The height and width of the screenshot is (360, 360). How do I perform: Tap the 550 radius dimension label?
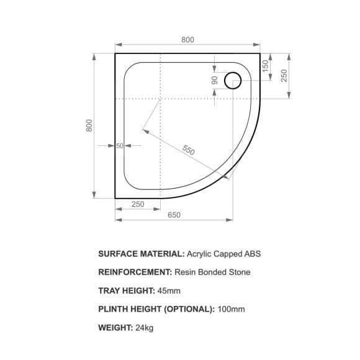point(188,150)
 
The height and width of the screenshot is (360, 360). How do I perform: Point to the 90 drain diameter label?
point(214,80)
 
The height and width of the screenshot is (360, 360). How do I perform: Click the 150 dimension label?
point(265,66)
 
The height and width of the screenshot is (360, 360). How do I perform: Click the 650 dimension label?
point(174,215)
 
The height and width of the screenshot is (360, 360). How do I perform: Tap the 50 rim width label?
point(120,146)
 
